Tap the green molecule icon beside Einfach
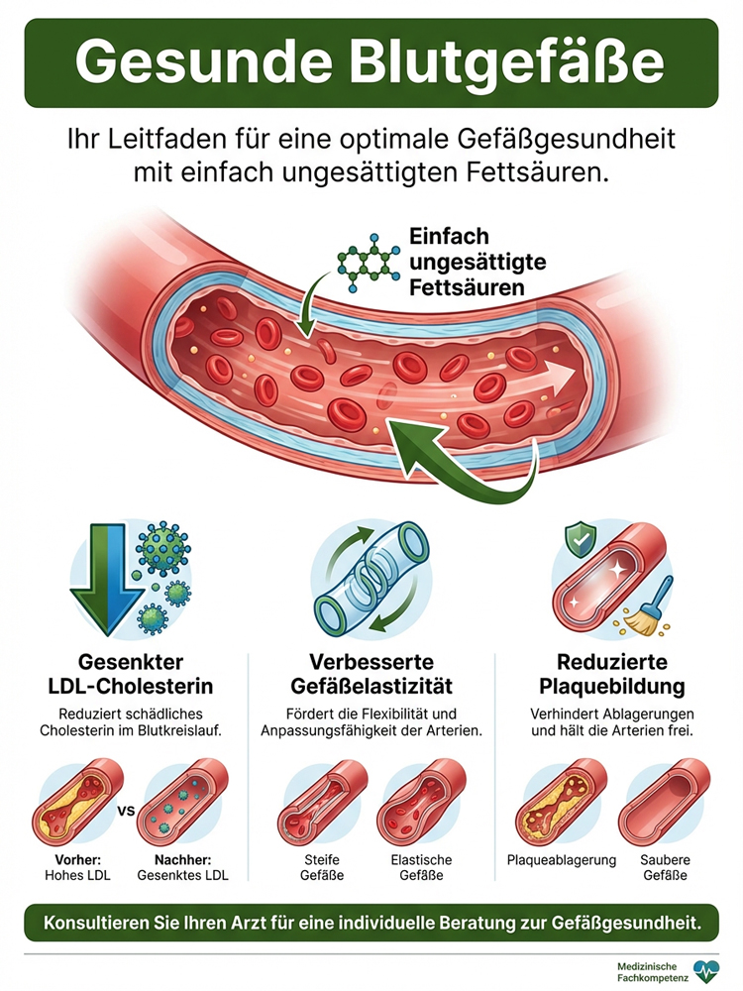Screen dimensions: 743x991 [x=369, y=262]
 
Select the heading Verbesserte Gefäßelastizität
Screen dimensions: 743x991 [x=371, y=674]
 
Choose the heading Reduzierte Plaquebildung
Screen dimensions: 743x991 [x=611, y=674]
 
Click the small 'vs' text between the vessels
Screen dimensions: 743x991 [x=127, y=811]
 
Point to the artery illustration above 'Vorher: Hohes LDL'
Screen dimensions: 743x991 [x=76, y=804]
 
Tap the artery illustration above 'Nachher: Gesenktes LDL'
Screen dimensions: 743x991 [x=182, y=804]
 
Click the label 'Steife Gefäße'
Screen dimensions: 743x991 [x=322, y=868]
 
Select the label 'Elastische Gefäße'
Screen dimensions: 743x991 [x=421, y=868]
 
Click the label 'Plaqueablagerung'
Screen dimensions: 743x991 [x=562, y=860]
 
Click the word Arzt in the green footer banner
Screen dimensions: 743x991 [x=260, y=923]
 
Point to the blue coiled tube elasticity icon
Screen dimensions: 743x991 [x=371, y=579]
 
